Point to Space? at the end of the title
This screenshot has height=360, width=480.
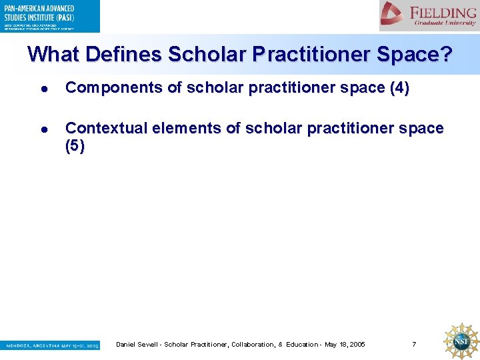click(x=413, y=54)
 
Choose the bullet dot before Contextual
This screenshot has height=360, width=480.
click(x=43, y=129)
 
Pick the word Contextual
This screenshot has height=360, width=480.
click(x=107, y=128)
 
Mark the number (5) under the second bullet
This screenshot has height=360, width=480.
click(x=75, y=147)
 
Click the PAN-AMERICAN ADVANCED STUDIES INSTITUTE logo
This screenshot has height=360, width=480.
click(x=50, y=16)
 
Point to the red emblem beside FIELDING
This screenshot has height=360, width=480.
click(x=393, y=14)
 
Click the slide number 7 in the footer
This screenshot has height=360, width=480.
click(x=414, y=344)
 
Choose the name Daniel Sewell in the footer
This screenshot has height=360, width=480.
click(x=137, y=344)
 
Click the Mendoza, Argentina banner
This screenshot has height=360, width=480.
click(x=50, y=345)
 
